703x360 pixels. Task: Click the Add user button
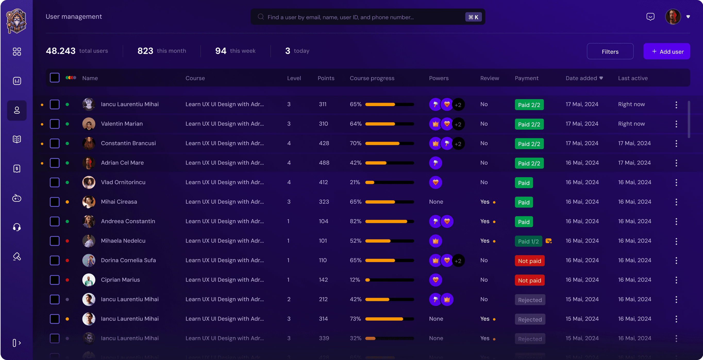pos(666,52)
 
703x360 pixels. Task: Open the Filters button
pos(610,52)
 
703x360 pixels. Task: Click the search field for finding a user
pos(355,17)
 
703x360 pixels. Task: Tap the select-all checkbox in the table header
pos(55,78)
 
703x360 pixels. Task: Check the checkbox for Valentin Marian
pos(55,124)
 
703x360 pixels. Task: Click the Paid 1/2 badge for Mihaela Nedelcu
pos(528,241)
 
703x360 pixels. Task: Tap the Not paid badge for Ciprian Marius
pos(529,280)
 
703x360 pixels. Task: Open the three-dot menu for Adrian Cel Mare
pos(676,163)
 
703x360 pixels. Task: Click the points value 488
pos(324,163)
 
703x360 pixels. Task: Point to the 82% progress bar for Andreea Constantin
pos(389,221)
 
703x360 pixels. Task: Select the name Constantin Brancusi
pos(128,143)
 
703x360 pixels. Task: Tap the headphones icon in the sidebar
pos(17,227)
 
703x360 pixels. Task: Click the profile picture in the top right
pos(673,17)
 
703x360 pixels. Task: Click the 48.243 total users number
pos(61,51)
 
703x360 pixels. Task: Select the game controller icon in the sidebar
pos(17,198)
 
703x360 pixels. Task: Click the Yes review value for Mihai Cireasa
pos(485,202)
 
